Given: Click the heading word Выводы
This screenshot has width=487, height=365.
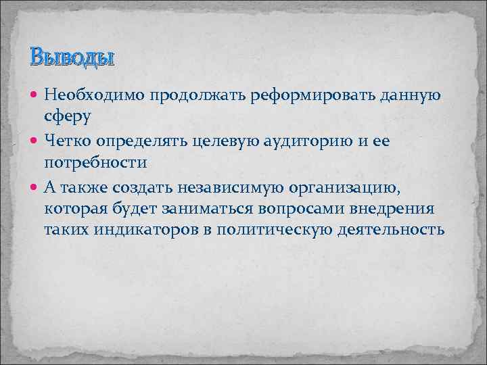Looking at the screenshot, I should [72, 57].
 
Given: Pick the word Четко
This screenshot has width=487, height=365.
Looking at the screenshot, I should [67, 140].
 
